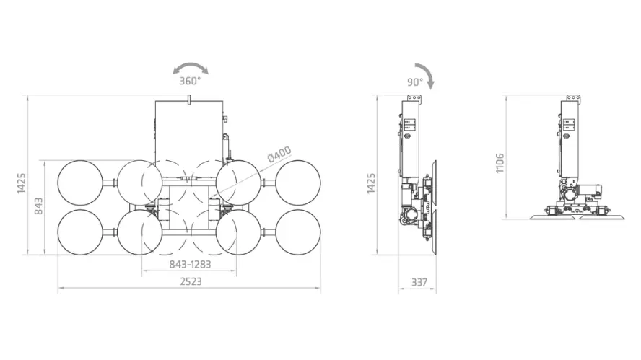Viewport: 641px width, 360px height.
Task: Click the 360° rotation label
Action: [x=190, y=81]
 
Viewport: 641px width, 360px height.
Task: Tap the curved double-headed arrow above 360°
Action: [x=191, y=66]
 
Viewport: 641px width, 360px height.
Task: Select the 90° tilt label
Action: [x=414, y=82]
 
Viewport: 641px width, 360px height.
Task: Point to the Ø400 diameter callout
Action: [x=279, y=154]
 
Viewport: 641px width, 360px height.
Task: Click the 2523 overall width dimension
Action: [x=191, y=281]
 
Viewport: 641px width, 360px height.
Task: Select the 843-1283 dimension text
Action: [x=190, y=264]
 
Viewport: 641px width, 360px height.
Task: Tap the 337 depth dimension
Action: [x=419, y=282]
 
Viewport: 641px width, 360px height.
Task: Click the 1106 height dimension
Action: [x=500, y=163]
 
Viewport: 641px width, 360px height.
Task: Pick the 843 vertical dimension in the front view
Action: [x=38, y=206]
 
